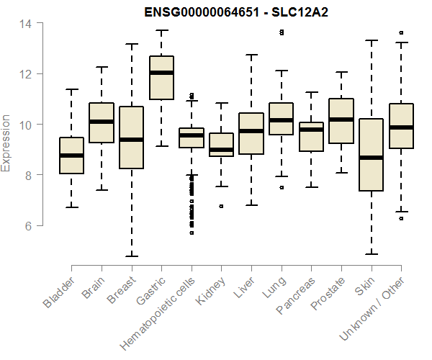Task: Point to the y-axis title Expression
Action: [x=7, y=143]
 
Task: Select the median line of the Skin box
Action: [x=371, y=158]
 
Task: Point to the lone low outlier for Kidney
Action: [x=221, y=206]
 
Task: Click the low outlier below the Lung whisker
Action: [x=281, y=187]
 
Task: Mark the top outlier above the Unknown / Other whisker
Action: [x=401, y=32]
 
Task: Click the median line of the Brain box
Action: [x=102, y=122]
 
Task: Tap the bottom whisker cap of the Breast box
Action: [x=131, y=256]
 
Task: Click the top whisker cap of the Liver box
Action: [x=251, y=55]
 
